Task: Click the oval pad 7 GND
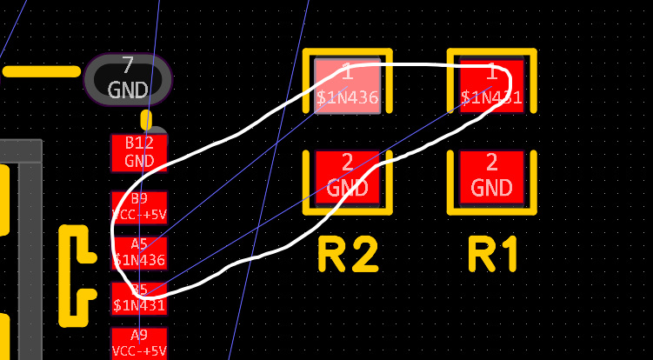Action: pyautogui.click(x=128, y=78)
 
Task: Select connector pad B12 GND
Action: pyautogui.click(x=139, y=152)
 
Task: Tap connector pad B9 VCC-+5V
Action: pyautogui.click(x=139, y=206)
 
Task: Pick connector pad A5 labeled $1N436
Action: pyautogui.click(x=139, y=252)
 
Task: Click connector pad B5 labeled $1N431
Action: pyautogui.click(x=139, y=297)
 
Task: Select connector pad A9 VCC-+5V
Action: pyautogui.click(x=139, y=343)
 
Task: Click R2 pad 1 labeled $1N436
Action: pyautogui.click(x=348, y=85)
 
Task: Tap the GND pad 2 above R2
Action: pyautogui.click(x=348, y=177)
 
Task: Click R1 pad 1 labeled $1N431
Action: pyautogui.click(x=492, y=85)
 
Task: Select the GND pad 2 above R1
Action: pyautogui.click(x=492, y=177)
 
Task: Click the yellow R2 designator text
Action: pyautogui.click(x=348, y=255)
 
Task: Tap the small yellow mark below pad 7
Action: pyautogui.click(x=146, y=119)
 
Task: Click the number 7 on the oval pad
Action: pyautogui.click(x=128, y=65)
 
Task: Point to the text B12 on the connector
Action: pyautogui.click(x=139, y=143)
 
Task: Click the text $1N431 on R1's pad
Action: pyautogui.click(x=492, y=97)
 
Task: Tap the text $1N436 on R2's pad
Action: pyautogui.click(x=348, y=97)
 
